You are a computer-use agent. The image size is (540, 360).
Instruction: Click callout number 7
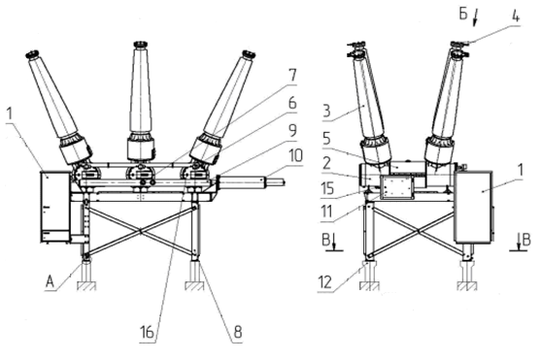click(x=292, y=75)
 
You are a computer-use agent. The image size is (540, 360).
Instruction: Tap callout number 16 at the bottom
click(x=147, y=332)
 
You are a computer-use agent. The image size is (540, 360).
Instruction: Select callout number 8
click(x=238, y=332)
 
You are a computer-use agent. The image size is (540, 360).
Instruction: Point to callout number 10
click(x=296, y=156)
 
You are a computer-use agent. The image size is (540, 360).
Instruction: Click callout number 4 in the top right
click(x=516, y=16)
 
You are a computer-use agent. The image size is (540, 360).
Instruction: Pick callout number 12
click(x=325, y=282)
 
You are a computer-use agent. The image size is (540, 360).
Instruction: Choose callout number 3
click(x=327, y=111)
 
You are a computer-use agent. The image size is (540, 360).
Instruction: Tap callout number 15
click(x=328, y=188)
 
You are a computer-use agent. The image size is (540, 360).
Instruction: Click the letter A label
click(x=50, y=282)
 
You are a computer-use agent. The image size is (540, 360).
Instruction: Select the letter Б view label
click(x=463, y=15)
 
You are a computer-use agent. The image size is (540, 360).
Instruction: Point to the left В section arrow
click(x=334, y=241)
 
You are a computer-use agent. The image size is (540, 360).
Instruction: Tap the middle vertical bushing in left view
click(x=141, y=101)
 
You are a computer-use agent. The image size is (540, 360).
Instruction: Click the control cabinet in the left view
click(x=55, y=207)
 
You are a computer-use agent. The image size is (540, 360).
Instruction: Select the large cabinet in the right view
click(x=474, y=206)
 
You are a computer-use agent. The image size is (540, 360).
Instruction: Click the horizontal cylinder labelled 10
click(x=251, y=181)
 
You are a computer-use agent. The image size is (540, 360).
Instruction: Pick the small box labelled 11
click(x=397, y=187)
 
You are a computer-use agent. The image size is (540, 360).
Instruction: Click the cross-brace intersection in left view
click(x=141, y=231)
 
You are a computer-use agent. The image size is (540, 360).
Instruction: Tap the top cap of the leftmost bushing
click(x=32, y=54)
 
